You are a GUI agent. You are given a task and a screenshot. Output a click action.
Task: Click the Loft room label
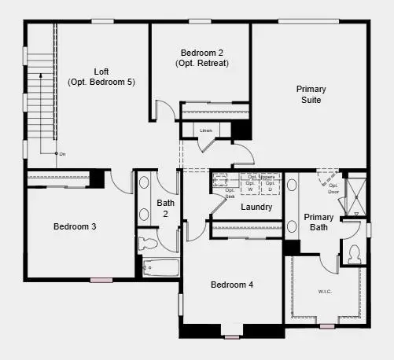tap(101, 71)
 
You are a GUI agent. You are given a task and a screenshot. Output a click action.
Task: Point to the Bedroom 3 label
tap(75, 226)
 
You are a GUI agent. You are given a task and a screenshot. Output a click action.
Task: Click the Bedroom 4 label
tap(231, 285)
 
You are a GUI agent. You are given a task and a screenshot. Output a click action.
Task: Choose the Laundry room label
tap(256, 208)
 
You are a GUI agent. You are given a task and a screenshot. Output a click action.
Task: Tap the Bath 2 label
tap(166, 208)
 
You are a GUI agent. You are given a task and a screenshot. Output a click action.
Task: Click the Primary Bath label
tap(319, 222)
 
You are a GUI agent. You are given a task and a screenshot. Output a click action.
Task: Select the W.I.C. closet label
tap(324, 292)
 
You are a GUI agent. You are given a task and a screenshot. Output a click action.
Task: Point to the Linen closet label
tap(207, 130)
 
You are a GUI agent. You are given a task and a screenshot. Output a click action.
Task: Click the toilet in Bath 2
tap(149, 243)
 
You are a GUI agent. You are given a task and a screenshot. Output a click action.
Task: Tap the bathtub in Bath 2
tap(160, 267)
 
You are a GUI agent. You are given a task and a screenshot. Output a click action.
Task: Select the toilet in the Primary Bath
tap(353, 253)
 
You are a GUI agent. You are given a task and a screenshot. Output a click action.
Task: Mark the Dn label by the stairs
tap(62, 154)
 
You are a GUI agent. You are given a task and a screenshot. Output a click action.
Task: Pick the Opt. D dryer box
tap(270, 186)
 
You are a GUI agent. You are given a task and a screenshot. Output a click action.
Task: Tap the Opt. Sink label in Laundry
tap(230, 193)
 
